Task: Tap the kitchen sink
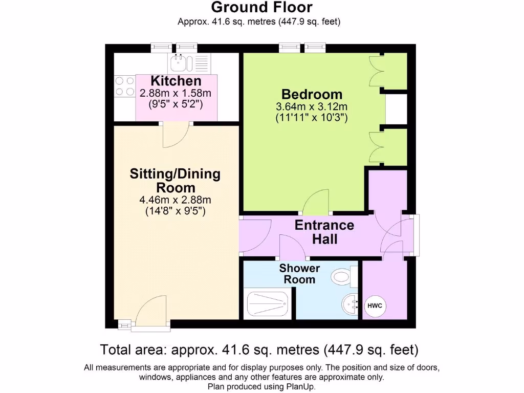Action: (x=182, y=63)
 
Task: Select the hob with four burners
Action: (x=123, y=86)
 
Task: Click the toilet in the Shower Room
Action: (x=343, y=277)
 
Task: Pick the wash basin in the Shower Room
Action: (x=351, y=304)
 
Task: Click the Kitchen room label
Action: (x=176, y=81)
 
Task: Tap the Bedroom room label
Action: (x=312, y=95)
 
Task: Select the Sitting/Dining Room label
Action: (x=176, y=180)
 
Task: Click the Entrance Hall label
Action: (x=324, y=232)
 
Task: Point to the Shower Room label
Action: (x=299, y=274)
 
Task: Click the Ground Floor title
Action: (x=261, y=8)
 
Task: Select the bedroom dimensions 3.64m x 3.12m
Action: (x=312, y=107)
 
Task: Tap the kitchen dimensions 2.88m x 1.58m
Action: (x=176, y=93)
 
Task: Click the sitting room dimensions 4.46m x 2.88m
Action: (x=176, y=200)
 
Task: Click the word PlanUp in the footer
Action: (x=300, y=387)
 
